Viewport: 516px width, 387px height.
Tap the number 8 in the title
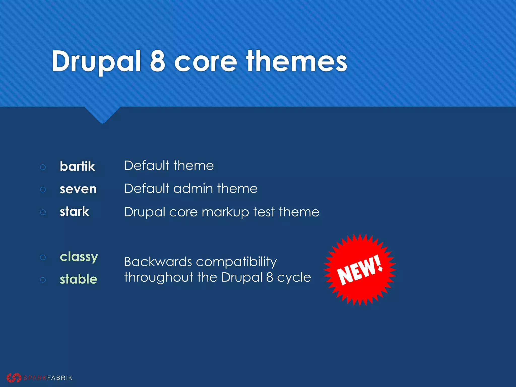[157, 61]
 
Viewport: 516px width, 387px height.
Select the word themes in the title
[297, 61]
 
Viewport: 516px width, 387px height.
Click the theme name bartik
[77, 166]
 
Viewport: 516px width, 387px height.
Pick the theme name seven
[78, 189]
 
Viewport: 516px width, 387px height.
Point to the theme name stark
[74, 211]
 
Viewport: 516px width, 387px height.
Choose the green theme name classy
[79, 257]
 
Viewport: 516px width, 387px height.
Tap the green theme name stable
[78, 279]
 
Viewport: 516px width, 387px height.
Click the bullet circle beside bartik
[43, 167]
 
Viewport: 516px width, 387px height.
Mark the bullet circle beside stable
[43, 280]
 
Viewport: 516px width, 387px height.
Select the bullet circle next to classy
[43, 257]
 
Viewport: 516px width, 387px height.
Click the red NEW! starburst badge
[360, 270]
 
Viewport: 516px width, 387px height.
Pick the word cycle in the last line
[294, 278]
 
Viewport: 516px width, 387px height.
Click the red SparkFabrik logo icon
[14, 377]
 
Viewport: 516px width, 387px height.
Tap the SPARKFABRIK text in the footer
[48, 378]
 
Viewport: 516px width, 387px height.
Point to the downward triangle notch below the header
[102, 115]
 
